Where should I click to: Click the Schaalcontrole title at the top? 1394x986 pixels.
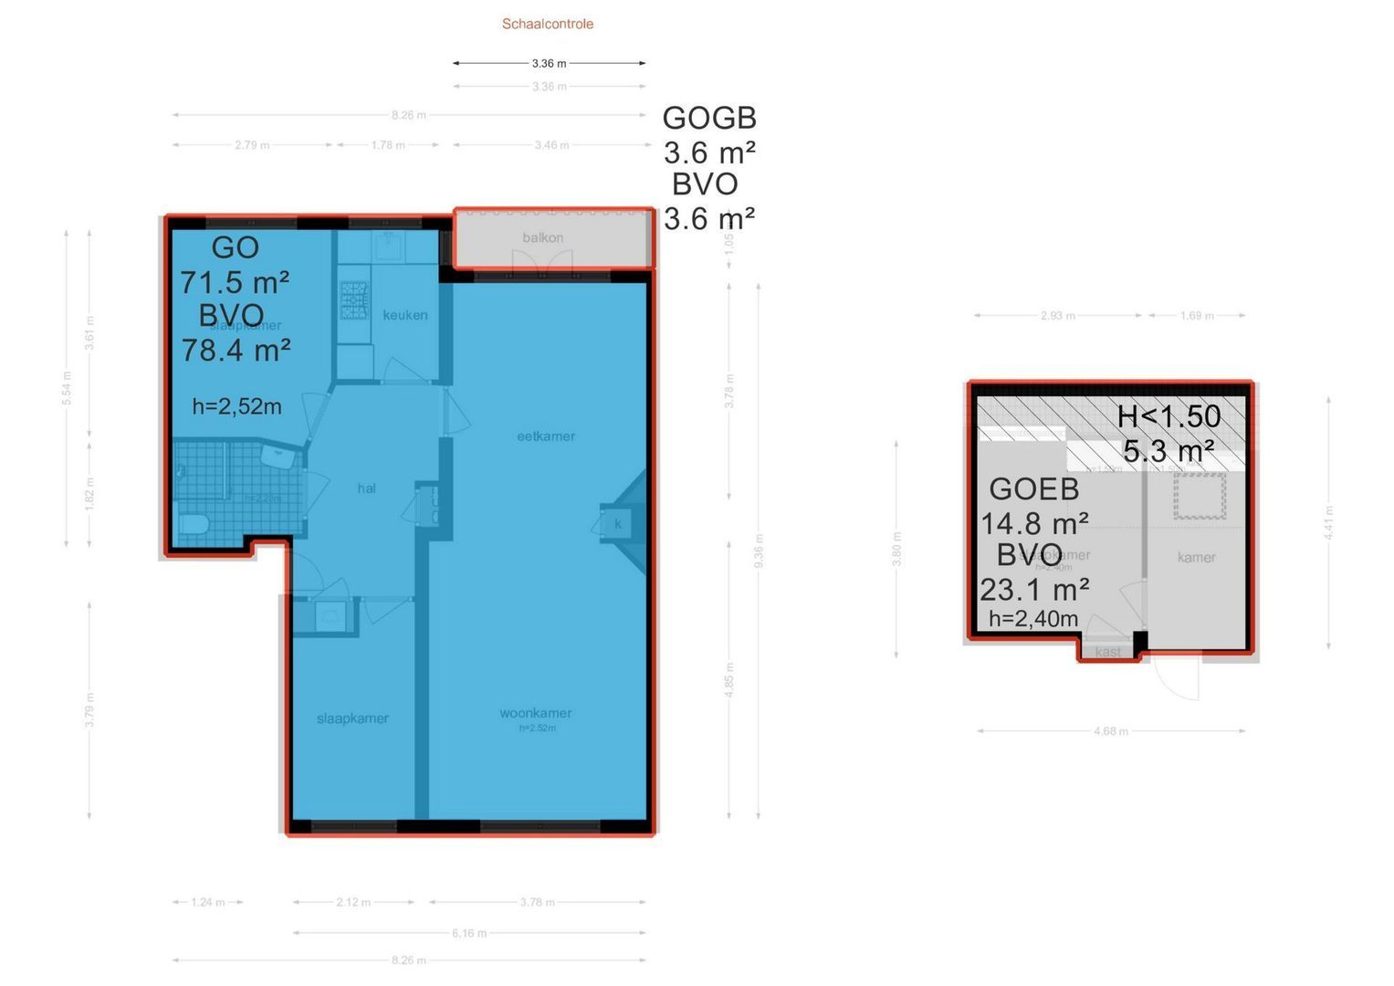(547, 24)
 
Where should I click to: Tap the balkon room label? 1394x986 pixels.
(542, 237)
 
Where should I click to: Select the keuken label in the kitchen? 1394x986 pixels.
(404, 315)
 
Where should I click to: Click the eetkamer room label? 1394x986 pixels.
(546, 436)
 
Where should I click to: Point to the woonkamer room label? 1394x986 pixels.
(536, 713)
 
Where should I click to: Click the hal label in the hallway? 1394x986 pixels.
(366, 488)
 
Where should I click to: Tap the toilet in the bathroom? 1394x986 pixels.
(194, 524)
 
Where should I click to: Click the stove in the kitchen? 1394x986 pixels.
(354, 299)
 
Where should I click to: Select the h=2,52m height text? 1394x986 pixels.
(236, 406)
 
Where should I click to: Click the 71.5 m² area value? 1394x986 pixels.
(235, 282)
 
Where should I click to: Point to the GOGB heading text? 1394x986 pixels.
(709, 118)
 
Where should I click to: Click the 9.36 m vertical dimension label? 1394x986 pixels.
(759, 551)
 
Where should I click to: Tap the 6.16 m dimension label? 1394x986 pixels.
(469, 933)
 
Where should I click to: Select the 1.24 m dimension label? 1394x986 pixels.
(207, 902)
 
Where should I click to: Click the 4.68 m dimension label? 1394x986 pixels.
(1110, 730)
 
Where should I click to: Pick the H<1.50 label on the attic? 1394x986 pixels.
(1169, 416)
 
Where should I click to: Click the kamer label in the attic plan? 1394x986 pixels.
(1196, 557)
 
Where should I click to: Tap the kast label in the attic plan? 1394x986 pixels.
(1107, 652)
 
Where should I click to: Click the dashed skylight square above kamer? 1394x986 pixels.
(1200, 496)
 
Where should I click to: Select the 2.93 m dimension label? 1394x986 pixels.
(1057, 315)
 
